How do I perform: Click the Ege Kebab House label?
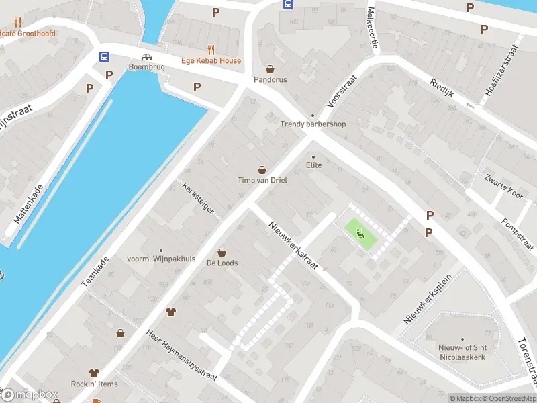pos(211,61)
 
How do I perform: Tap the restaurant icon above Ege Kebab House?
pos(211,49)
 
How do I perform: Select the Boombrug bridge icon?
pos(146,57)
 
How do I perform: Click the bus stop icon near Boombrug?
pos(105,57)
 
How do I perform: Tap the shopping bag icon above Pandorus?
pos(270,69)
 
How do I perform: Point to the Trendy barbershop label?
pos(312,124)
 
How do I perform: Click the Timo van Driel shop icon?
pos(262,170)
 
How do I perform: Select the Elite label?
pos(313,165)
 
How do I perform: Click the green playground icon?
pos(361,234)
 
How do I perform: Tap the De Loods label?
pos(222,263)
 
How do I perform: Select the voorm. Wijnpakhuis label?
pos(160,259)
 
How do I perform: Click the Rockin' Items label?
pos(94,384)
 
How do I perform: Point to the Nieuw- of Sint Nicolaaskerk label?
pos(461,353)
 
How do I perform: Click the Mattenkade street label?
pos(29,204)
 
